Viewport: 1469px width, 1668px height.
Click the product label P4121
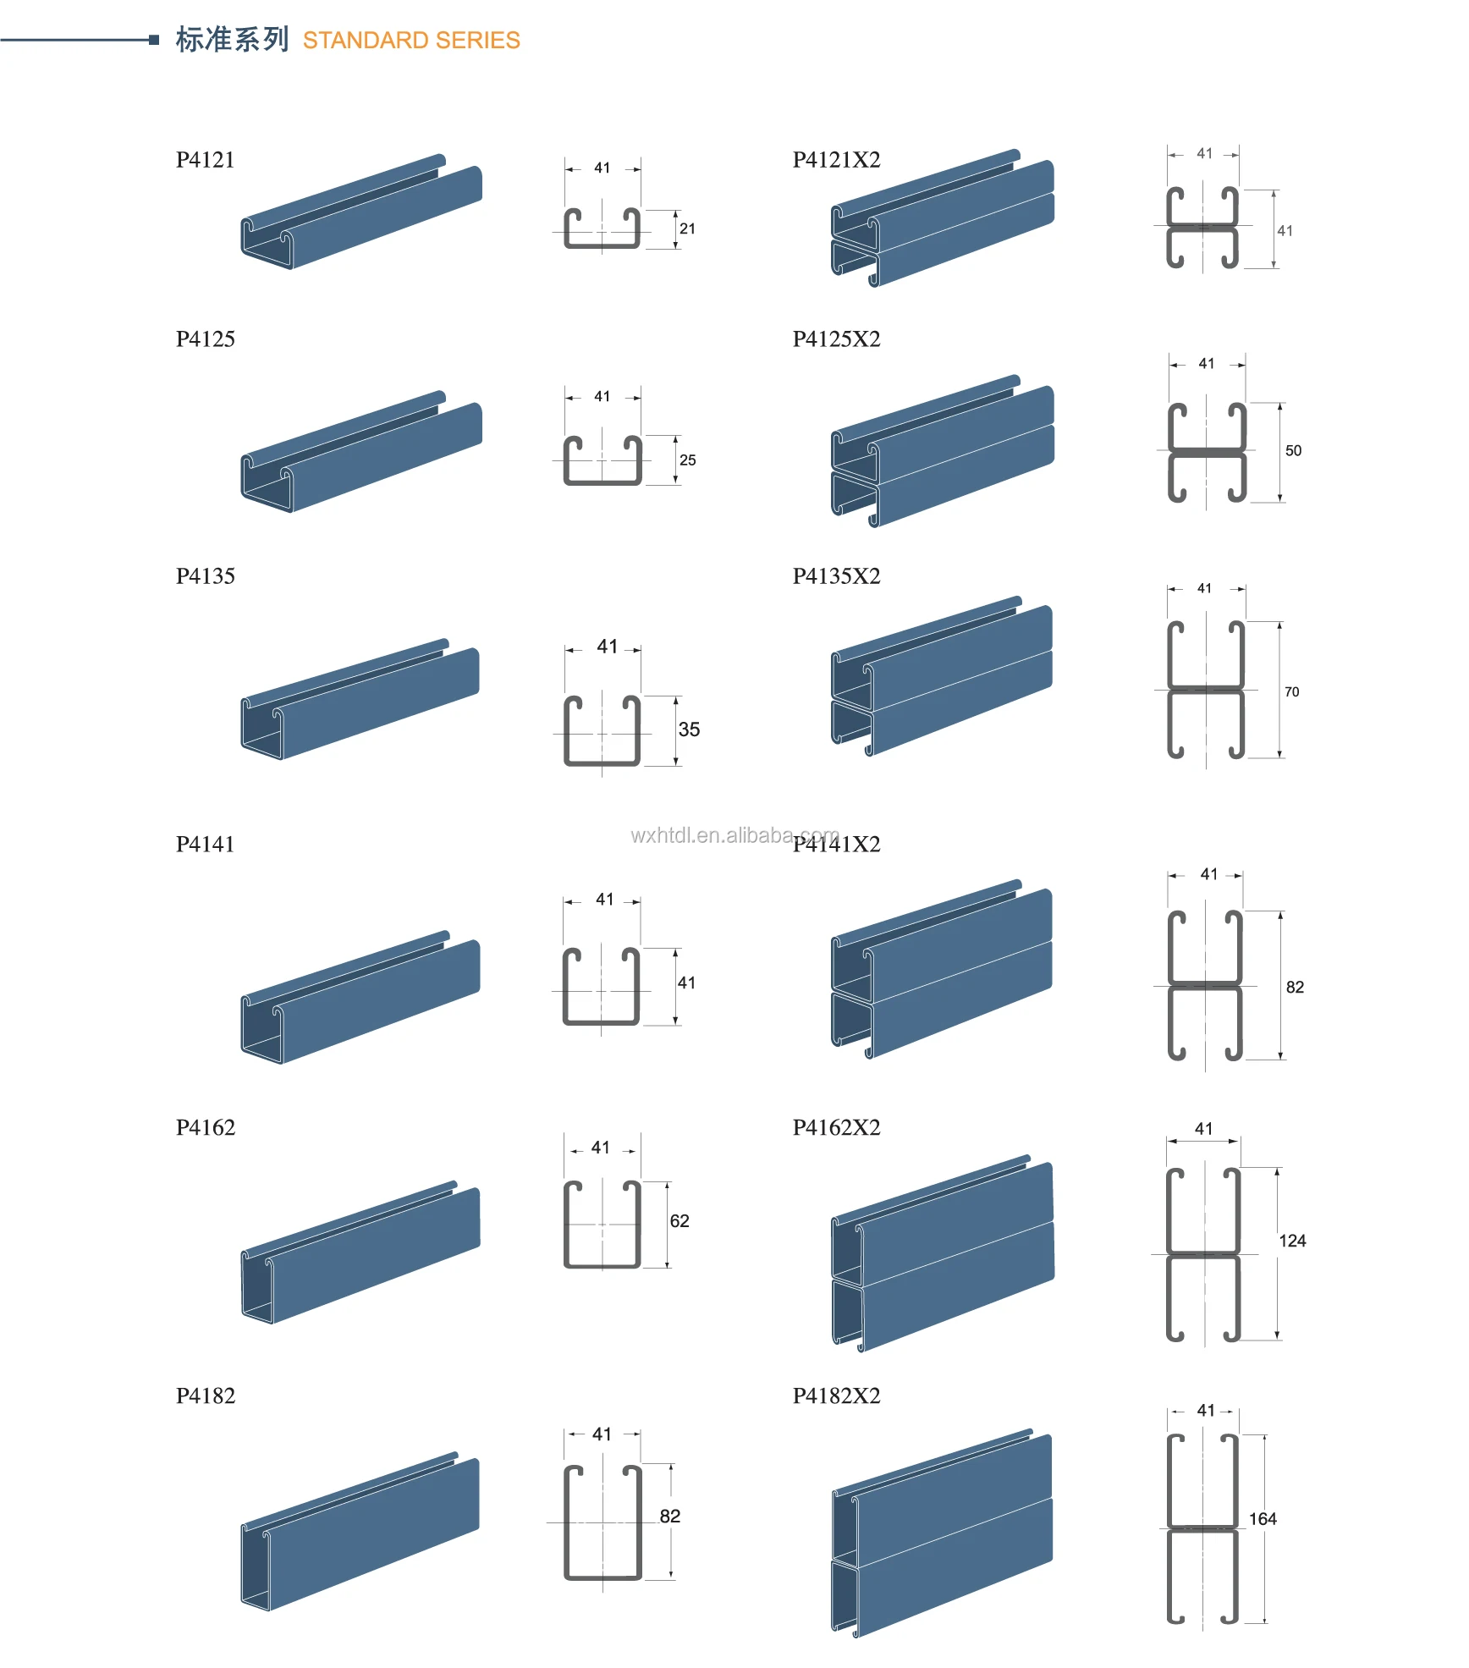(x=205, y=160)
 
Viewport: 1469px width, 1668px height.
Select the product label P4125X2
(x=836, y=339)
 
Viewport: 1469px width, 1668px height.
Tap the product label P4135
(x=205, y=576)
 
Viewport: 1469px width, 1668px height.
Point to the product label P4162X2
(x=836, y=1128)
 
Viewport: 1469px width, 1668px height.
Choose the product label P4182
(x=205, y=1396)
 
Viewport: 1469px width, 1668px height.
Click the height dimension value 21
(x=687, y=229)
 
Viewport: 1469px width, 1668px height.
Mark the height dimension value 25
(x=687, y=460)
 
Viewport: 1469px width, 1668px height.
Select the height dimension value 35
(x=689, y=729)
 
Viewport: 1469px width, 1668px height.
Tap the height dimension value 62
(x=679, y=1221)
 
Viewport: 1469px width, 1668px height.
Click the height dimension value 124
(x=1292, y=1241)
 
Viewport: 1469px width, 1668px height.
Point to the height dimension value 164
(x=1263, y=1519)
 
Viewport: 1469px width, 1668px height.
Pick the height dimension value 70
(x=1291, y=692)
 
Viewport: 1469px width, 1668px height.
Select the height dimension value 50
(x=1293, y=451)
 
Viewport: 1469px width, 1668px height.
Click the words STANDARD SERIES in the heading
(x=411, y=41)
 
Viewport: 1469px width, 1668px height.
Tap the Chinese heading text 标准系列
(x=232, y=40)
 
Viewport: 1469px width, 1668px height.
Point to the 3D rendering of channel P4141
(x=360, y=999)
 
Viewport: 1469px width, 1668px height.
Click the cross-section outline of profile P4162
(x=602, y=1225)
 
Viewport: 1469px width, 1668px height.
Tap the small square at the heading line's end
(x=154, y=40)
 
